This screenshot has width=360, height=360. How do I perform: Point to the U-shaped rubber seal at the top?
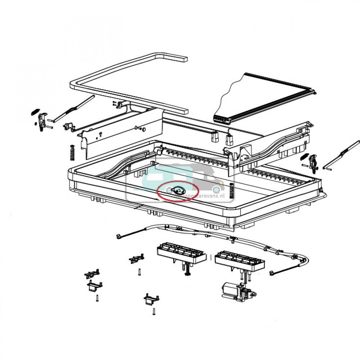128,83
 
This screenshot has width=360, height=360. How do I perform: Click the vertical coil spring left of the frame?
72,153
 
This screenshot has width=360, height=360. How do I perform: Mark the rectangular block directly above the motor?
239,260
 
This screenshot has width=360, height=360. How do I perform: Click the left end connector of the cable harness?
118,237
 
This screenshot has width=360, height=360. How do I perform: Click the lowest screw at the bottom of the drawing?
154,311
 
